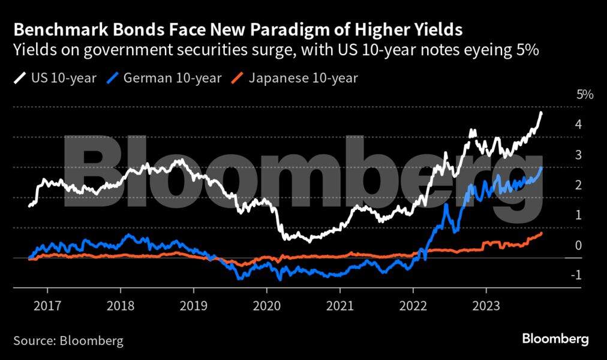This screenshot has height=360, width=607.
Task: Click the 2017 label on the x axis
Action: (x=47, y=305)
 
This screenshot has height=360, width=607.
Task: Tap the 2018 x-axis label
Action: (x=121, y=305)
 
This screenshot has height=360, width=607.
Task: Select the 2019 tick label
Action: (x=194, y=305)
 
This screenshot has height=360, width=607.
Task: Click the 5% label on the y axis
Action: (x=584, y=95)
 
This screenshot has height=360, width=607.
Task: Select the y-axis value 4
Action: (x=578, y=125)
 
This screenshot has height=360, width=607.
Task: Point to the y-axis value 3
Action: (x=578, y=155)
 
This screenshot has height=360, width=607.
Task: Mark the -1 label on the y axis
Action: (x=576, y=275)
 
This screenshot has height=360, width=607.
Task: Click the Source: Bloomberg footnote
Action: (x=68, y=341)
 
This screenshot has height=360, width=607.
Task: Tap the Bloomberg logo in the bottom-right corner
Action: (x=555, y=339)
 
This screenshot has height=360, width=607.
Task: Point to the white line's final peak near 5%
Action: (x=541, y=113)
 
